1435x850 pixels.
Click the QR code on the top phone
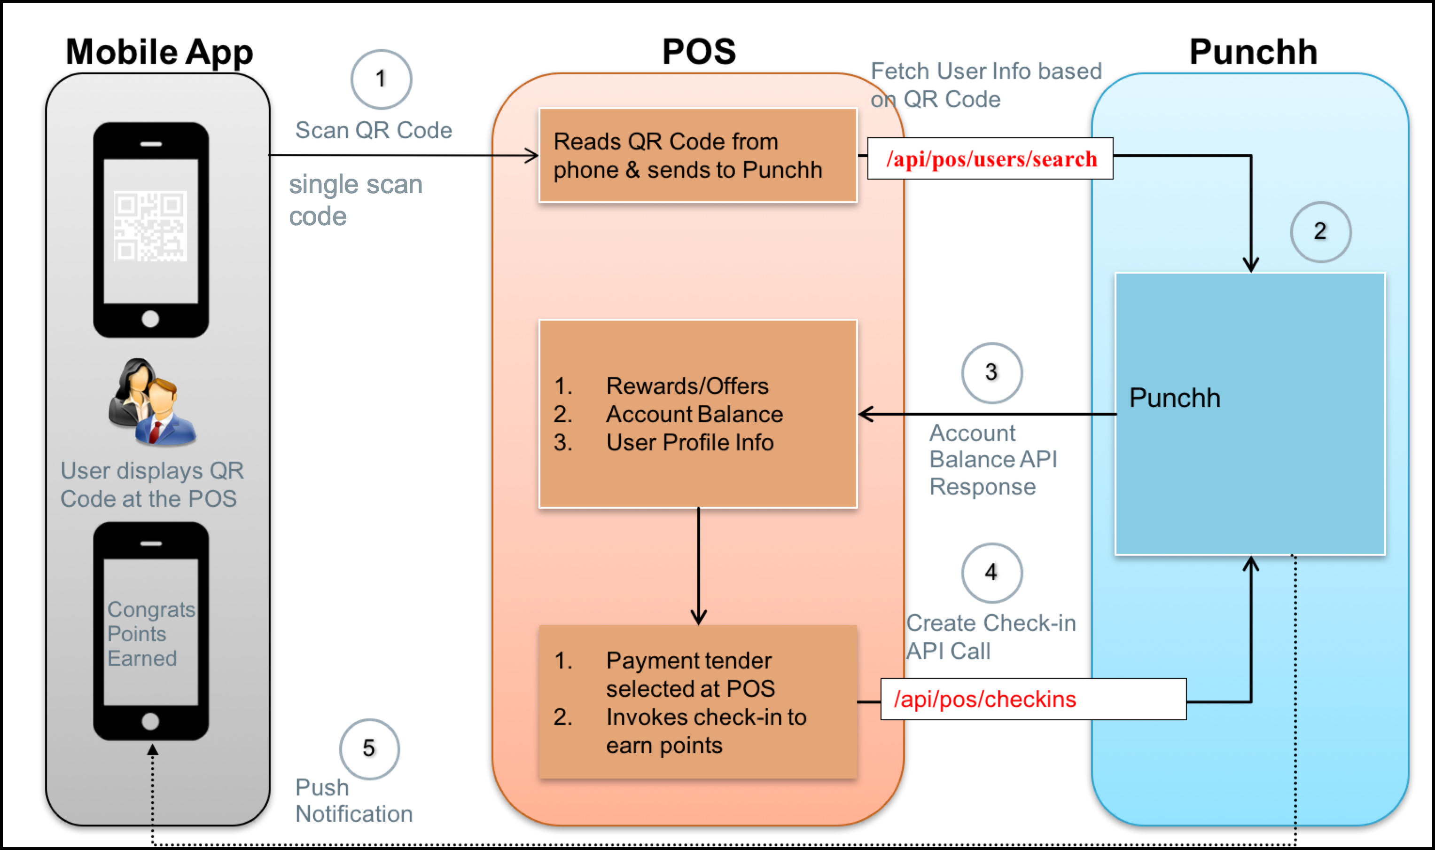point(150,226)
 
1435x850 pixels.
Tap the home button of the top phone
point(150,319)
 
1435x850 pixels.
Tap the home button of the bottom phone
point(150,721)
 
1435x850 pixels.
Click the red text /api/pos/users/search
point(991,158)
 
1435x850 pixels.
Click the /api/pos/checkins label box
point(1033,700)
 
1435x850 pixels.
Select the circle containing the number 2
point(1320,232)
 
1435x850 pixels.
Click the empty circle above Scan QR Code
point(381,79)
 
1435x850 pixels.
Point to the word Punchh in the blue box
point(1174,398)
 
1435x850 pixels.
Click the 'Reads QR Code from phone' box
point(697,156)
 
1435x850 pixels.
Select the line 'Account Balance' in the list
point(694,414)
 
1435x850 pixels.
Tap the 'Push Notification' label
point(353,801)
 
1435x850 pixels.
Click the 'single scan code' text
point(355,200)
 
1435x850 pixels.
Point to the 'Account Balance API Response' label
point(992,459)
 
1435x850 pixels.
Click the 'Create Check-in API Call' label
point(990,637)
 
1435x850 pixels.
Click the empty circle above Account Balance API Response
point(991,373)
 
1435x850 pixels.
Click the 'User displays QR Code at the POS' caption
point(152,485)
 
